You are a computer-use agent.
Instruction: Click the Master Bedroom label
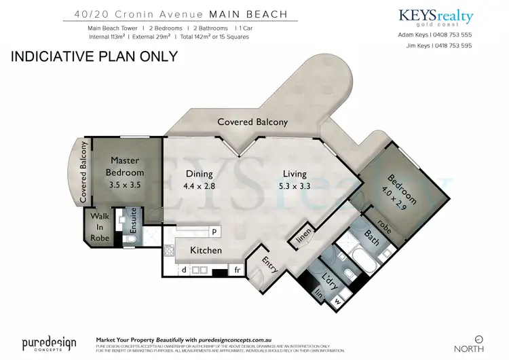(126, 166)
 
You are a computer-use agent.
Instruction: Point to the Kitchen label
(206, 251)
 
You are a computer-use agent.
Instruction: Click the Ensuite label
(134, 220)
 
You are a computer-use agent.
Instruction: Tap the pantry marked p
(214, 232)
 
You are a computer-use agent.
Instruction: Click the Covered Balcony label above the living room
(252, 122)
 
